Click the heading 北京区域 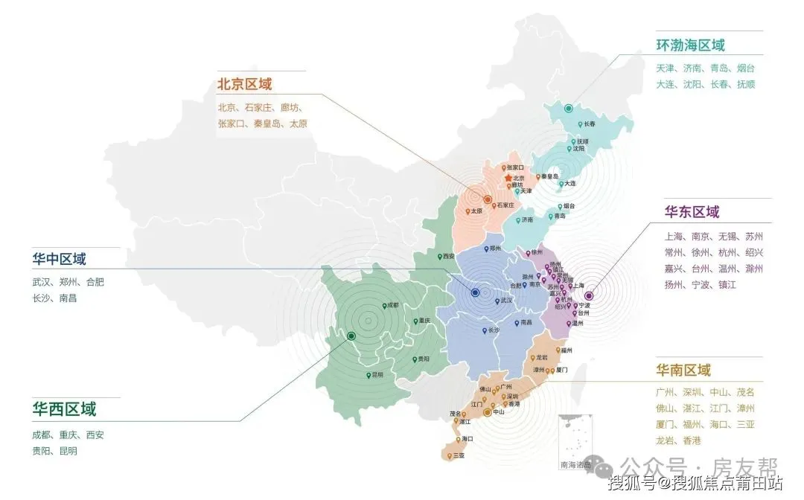coord(245,85)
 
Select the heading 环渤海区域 coord(690,45)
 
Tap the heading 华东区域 coord(692,212)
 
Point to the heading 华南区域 coord(683,370)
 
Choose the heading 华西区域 coord(64,409)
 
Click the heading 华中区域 coord(59,260)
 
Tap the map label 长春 coord(589,124)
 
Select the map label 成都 coord(391,305)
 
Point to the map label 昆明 coord(378,374)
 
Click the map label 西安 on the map coord(448,256)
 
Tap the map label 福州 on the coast coord(566,350)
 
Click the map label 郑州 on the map coord(494,249)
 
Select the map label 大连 coord(569,183)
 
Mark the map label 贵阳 coord(423,359)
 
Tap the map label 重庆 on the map coord(424,321)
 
